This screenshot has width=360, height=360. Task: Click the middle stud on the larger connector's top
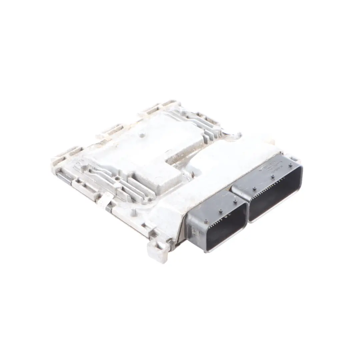[272, 177]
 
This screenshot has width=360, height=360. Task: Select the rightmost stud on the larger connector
[291, 165]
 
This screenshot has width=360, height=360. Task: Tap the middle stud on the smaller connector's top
[220, 211]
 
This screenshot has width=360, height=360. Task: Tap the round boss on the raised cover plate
[143, 135]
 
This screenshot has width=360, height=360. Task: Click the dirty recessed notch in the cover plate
[177, 157]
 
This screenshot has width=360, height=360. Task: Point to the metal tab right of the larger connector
[295, 159]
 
